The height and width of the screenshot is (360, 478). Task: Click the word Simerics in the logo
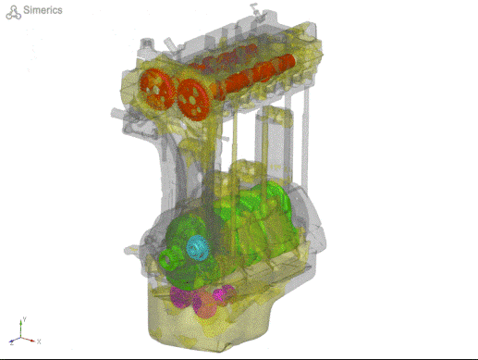43,10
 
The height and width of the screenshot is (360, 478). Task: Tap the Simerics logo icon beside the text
14,13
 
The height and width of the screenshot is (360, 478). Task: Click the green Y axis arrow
20,329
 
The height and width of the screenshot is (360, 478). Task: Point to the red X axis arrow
29,340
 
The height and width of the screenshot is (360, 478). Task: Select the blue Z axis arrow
15,340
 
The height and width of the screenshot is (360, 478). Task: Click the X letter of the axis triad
39,341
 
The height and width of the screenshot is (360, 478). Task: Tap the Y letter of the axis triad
25,319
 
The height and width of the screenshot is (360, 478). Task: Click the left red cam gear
157,89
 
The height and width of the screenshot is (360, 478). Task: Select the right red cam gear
194,99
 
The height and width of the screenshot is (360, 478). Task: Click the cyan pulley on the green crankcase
198,248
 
